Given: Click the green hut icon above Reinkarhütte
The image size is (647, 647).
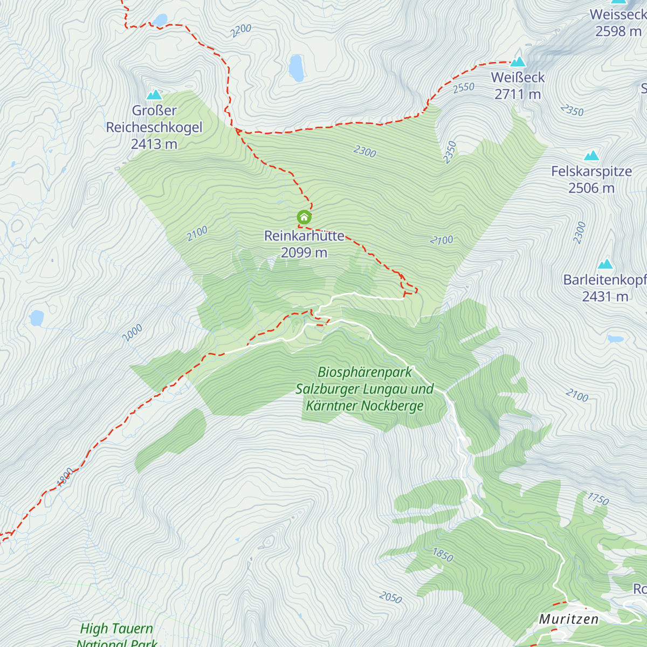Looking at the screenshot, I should tap(304, 217).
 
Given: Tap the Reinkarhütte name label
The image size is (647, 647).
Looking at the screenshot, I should tap(304, 236).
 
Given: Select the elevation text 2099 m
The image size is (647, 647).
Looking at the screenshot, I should tap(304, 252).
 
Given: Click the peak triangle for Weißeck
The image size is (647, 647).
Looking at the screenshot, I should tap(518, 61).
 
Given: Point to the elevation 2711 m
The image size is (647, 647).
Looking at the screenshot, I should tap(518, 94).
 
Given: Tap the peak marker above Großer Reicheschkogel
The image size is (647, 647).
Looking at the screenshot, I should tap(154, 94).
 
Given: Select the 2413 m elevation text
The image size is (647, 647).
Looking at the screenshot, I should tap(154, 144).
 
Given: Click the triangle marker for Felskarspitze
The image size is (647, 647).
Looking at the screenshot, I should tap(591, 156).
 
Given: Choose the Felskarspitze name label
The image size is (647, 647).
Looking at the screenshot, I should tap(591, 171).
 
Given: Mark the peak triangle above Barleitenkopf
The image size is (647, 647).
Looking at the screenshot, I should tap(605, 264).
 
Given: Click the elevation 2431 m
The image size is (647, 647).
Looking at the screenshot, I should tap(605, 297).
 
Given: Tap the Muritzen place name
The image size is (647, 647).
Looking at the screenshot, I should tap(569, 619).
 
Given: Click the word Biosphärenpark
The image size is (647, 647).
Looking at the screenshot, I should tap(364, 372).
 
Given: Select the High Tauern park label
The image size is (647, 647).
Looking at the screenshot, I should tap(116, 629).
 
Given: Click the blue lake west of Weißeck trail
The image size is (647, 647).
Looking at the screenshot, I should tap(296, 68).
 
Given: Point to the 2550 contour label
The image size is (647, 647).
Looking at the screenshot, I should tap(464, 87).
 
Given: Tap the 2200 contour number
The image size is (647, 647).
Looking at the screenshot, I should tap(240, 31).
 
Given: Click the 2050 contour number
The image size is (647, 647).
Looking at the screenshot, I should tap(390, 597).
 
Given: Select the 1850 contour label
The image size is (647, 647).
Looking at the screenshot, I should tap(443, 554).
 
